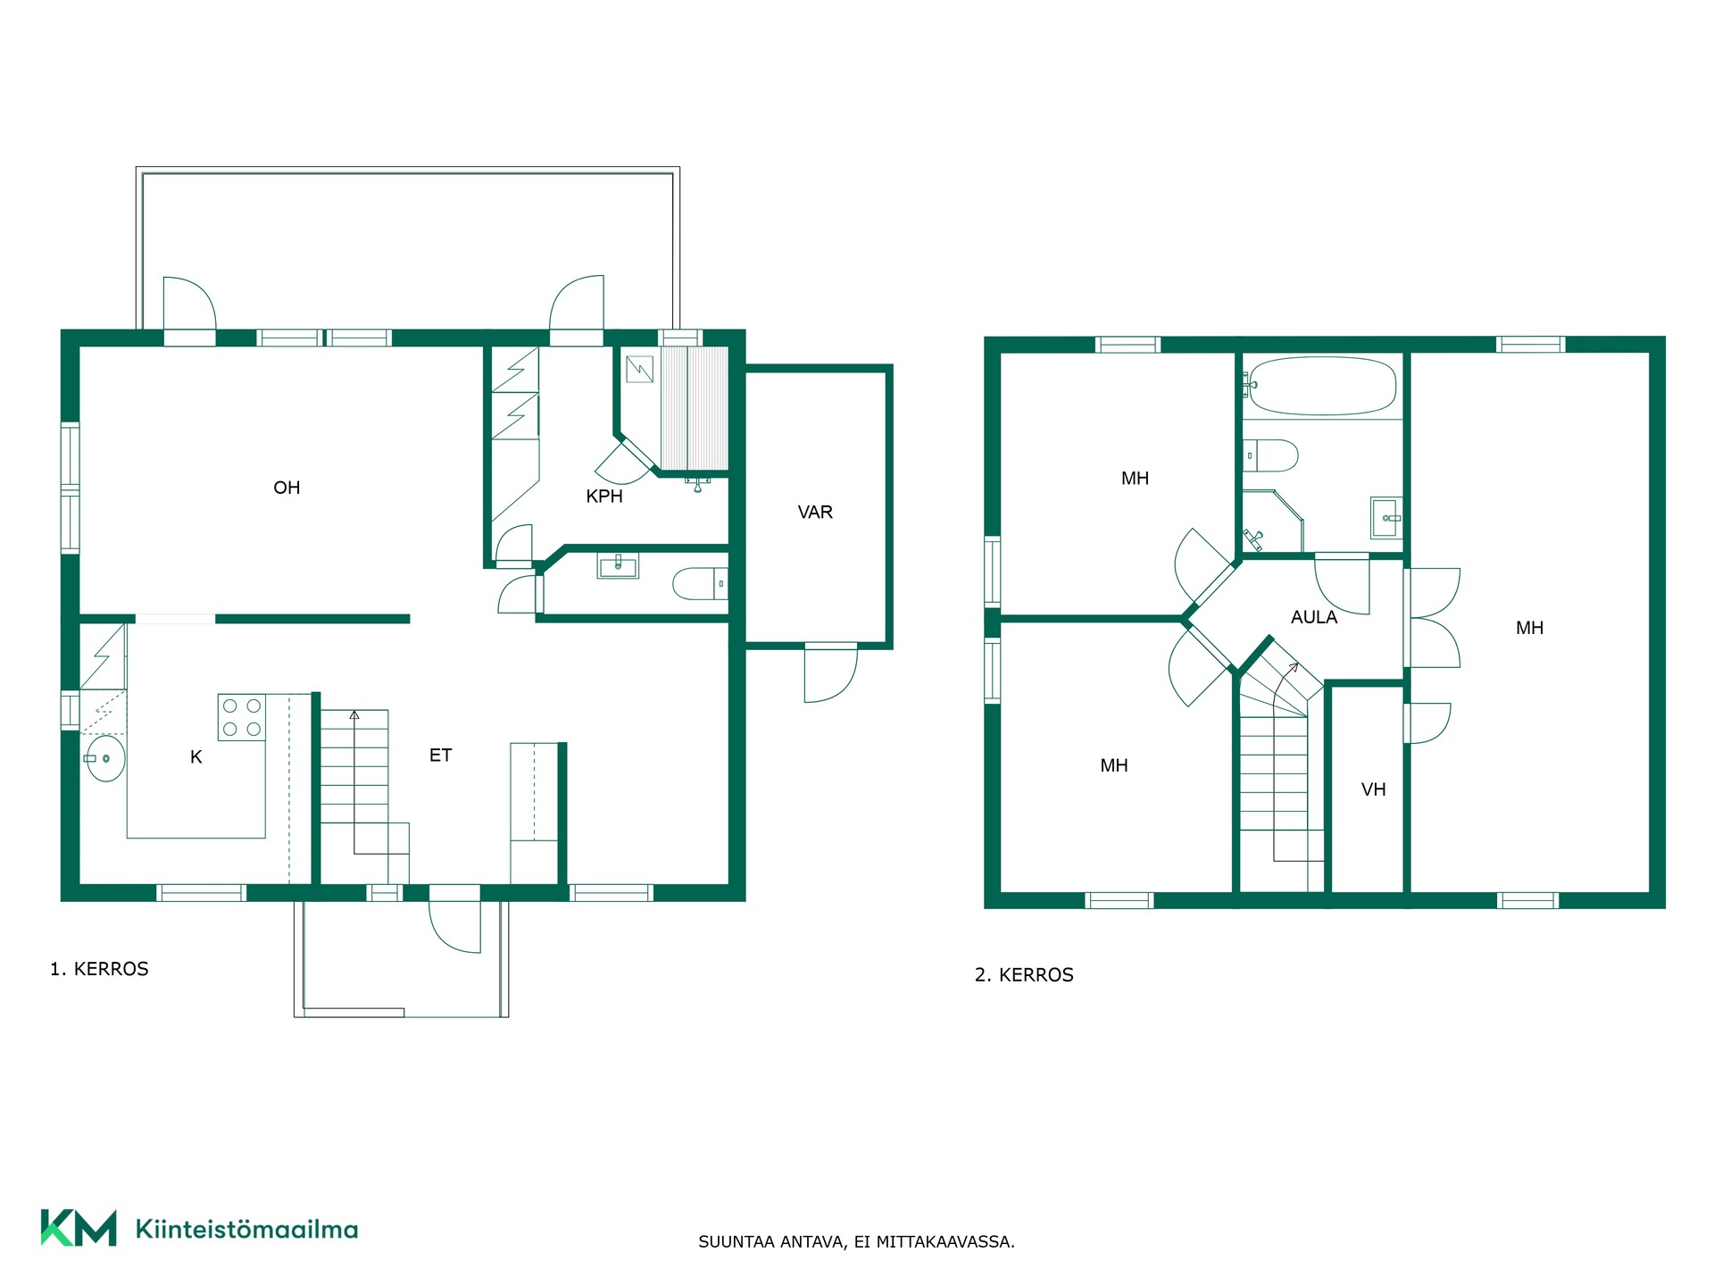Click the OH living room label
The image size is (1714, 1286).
[x=287, y=488]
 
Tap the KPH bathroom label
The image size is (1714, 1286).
[x=604, y=497]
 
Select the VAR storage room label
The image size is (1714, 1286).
[x=815, y=513]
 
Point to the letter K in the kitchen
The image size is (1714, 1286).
[x=196, y=757]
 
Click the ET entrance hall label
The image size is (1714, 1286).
[x=440, y=756]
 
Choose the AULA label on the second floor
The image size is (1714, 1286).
[x=1314, y=617]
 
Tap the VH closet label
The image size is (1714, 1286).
[x=1374, y=789]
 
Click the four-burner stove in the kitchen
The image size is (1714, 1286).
[x=242, y=717]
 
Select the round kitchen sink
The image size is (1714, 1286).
[x=105, y=759]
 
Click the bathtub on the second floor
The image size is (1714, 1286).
[x=1321, y=386]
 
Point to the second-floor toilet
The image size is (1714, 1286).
[x=1270, y=455]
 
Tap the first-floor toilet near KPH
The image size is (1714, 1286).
[x=700, y=584]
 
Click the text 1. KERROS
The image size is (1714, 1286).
[x=99, y=969]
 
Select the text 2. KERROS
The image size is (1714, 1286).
[x=1024, y=975]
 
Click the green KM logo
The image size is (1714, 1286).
[x=79, y=1228]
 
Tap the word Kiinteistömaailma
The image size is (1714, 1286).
[x=246, y=1230]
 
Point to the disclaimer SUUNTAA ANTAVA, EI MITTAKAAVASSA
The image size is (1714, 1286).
[x=856, y=1242]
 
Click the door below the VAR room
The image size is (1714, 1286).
[x=831, y=673]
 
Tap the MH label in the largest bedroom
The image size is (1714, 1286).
[x=1529, y=629]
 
